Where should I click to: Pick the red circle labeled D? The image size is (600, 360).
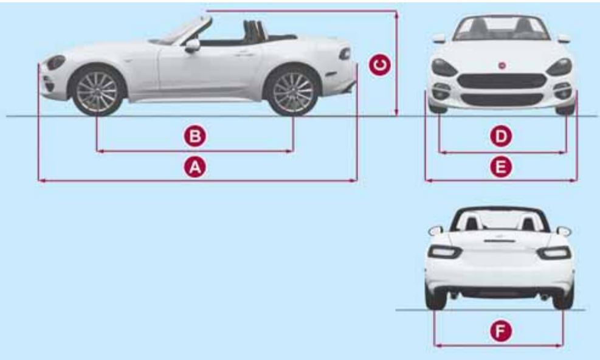click(x=501, y=137)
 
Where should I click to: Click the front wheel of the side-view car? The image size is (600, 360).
click(x=98, y=91)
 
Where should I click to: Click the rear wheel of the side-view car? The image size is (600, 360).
click(x=293, y=91)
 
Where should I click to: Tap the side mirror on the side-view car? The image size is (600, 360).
click(x=192, y=45)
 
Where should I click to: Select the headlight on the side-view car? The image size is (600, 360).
click(x=56, y=62)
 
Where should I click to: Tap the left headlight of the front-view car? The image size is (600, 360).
click(x=444, y=67)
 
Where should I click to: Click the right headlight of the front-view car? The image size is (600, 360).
click(x=559, y=67)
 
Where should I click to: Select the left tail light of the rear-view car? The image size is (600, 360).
click(x=444, y=252)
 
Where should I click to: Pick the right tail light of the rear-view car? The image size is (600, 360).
click(x=554, y=252)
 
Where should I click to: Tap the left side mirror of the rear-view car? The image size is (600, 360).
click(x=435, y=230)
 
